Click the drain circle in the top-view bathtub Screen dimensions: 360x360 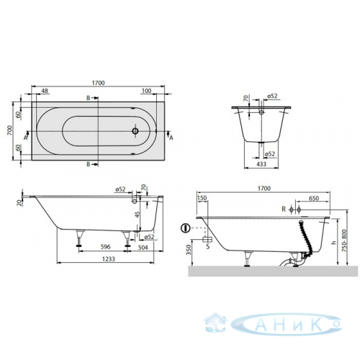pyautogui.click(x=135, y=131)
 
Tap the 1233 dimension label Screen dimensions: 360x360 pyautogui.click(x=109, y=259)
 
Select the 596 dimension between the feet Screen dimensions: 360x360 pyautogui.click(x=105, y=247)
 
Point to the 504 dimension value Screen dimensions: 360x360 pyautogui.click(x=143, y=247)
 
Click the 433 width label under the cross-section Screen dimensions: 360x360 pyautogui.click(x=261, y=163)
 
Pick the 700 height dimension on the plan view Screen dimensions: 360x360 pyautogui.click(x=9, y=130)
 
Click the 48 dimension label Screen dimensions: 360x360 pyautogui.click(x=45, y=91)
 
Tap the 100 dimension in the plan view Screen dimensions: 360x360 pyautogui.click(x=147, y=91)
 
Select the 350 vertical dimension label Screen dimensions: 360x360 pyautogui.click(x=189, y=250)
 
